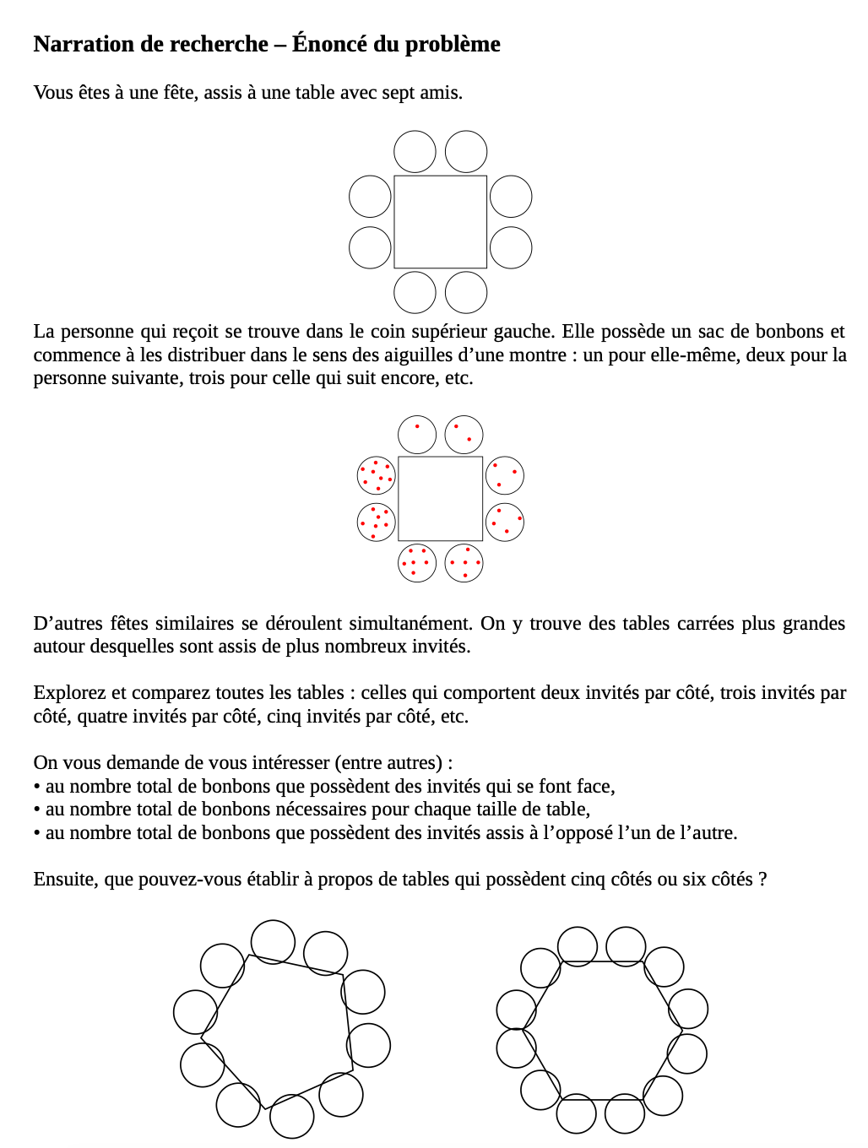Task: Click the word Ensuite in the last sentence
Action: click(65, 879)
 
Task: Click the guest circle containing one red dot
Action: click(417, 435)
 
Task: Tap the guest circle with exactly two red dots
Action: click(464, 435)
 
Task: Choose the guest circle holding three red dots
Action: click(505, 475)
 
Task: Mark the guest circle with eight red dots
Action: click(377, 475)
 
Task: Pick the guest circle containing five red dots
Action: click(464, 563)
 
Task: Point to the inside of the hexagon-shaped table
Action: click(601, 1030)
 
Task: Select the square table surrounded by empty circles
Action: click(440, 222)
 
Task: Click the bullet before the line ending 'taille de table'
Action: click(37, 810)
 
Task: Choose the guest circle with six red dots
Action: click(417, 563)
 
